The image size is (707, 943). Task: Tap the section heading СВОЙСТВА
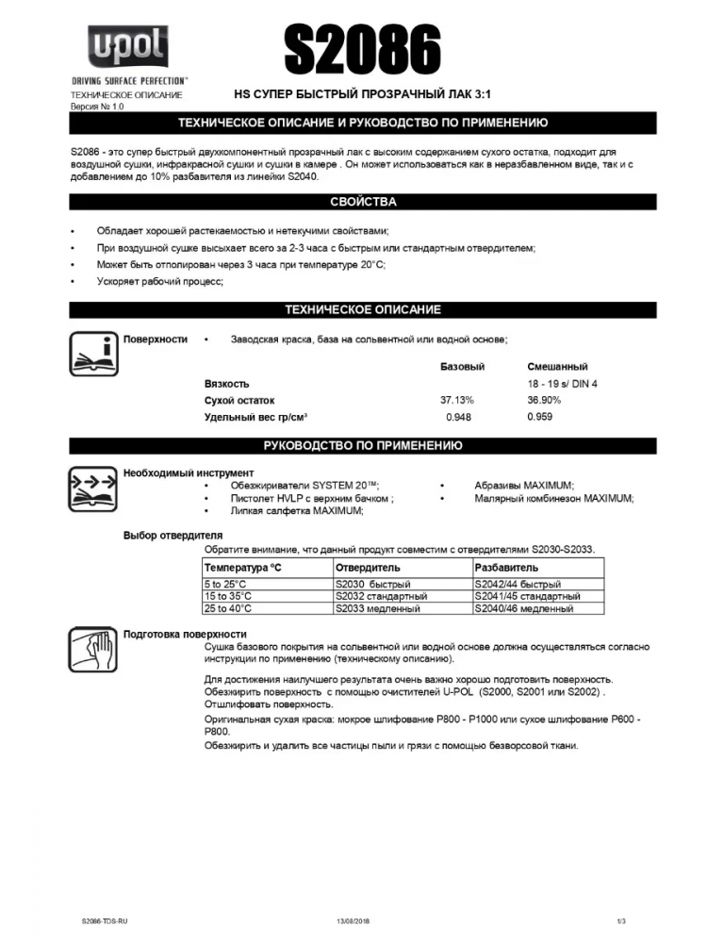click(363, 202)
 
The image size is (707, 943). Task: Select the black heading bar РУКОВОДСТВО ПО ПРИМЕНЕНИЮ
click(363, 446)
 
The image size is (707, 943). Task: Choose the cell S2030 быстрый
click(373, 585)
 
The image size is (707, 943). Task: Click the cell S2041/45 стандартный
click(527, 597)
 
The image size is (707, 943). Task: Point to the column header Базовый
click(462, 367)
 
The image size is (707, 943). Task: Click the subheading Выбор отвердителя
click(173, 535)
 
